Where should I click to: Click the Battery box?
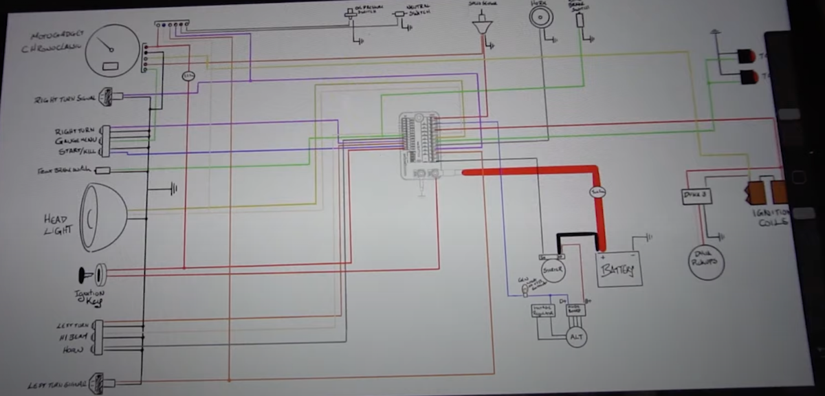(x=619, y=268)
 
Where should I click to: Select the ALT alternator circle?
(x=576, y=337)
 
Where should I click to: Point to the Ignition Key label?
(x=89, y=298)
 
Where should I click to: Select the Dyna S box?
(x=695, y=196)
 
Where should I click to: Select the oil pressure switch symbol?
(x=352, y=14)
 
